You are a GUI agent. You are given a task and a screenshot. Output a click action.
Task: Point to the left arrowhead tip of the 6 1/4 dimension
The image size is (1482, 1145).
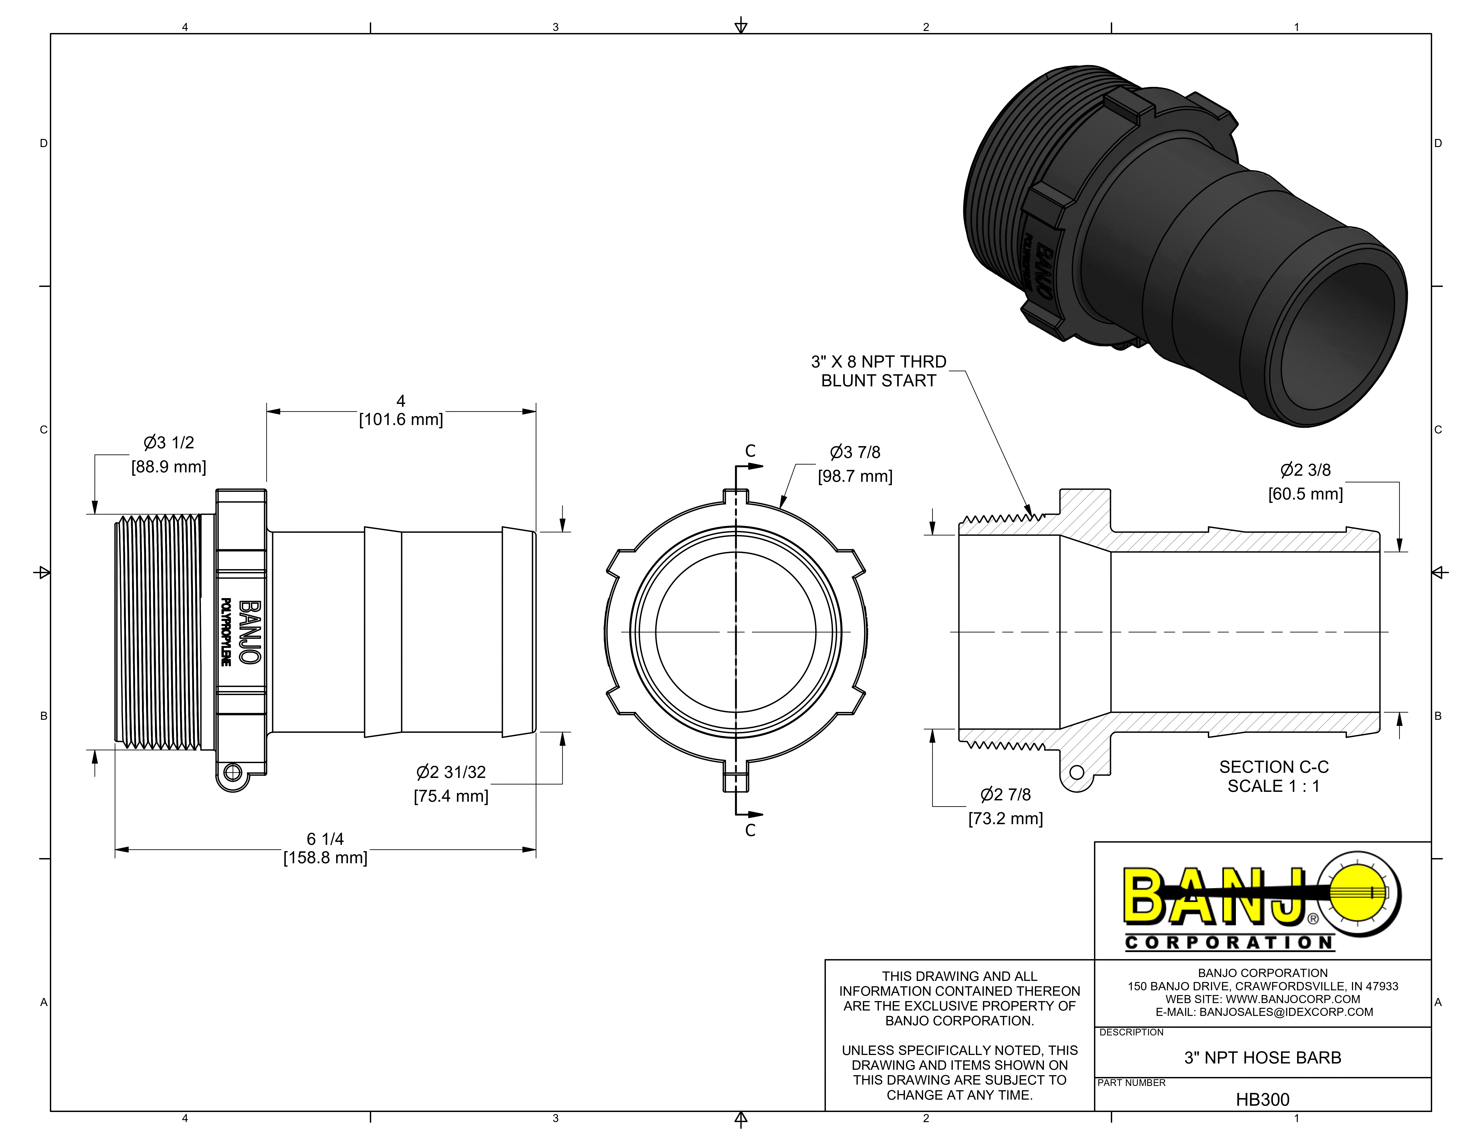click(115, 849)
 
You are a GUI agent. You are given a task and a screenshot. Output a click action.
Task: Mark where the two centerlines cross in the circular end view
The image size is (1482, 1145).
click(736, 632)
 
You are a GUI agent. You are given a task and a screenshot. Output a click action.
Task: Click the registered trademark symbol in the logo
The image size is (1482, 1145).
click(1313, 919)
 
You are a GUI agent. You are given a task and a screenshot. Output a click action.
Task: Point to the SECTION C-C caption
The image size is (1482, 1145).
click(1274, 767)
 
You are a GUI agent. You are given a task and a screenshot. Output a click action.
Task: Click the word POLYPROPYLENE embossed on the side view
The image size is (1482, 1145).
click(226, 632)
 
